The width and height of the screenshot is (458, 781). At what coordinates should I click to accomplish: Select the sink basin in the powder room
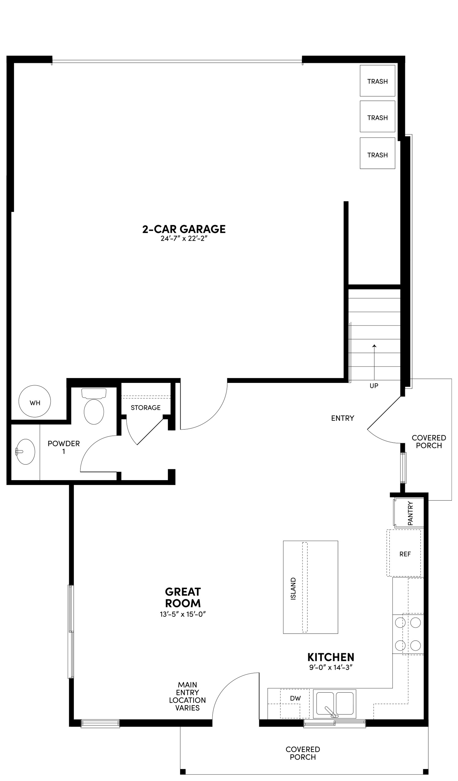(26, 452)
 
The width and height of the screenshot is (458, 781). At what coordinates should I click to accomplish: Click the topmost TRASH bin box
(377, 81)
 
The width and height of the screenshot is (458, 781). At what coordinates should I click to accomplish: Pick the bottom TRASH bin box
(377, 154)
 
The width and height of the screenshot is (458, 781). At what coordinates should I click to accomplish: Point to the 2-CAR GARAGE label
(184, 229)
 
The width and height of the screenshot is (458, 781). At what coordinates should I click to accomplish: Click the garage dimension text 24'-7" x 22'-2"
(184, 239)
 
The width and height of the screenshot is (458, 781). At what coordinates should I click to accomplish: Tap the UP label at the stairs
(374, 386)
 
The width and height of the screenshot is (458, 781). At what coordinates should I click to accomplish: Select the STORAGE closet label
(145, 408)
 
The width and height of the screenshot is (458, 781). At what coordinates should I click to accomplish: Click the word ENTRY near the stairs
(342, 418)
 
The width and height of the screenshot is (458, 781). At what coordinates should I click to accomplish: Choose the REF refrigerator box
(405, 554)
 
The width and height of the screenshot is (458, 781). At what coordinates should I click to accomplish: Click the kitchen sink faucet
(331, 711)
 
